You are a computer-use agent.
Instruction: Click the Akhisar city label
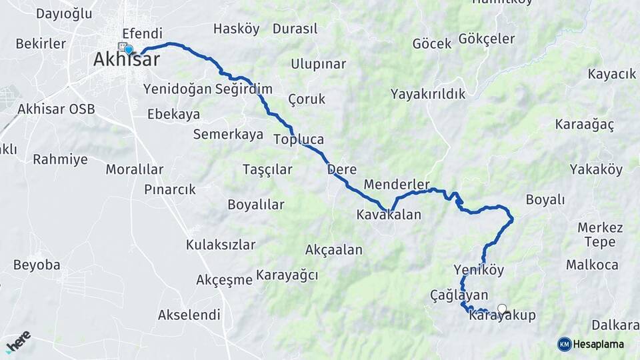[x=126, y=60]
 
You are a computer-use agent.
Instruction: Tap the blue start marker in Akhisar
[x=129, y=49]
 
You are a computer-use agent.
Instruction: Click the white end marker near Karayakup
[x=502, y=309]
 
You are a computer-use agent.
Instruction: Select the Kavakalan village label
[x=389, y=215]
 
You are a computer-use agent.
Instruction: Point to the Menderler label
[x=397, y=185]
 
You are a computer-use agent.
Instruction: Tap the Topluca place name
[x=299, y=140]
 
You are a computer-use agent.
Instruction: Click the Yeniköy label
[x=479, y=270]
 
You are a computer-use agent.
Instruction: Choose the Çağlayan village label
[x=459, y=295]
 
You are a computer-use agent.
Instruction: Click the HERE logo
[x=18, y=342]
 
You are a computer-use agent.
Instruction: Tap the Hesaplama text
[x=599, y=344]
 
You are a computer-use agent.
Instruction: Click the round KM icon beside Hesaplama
[x=565, y=344]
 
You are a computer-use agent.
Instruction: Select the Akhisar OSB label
[x=56, y=109]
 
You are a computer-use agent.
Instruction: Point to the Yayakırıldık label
[x=428, y=94]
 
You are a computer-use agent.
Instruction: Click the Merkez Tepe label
[x=600, y=235]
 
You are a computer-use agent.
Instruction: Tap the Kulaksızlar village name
[x=221, y=245]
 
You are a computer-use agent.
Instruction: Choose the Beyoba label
[x=36, y=265]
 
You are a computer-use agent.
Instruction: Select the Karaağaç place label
[x=585, y=125]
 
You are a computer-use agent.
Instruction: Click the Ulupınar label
[x=318, y=64]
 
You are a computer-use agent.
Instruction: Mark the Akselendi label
[x=189, y=315]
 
